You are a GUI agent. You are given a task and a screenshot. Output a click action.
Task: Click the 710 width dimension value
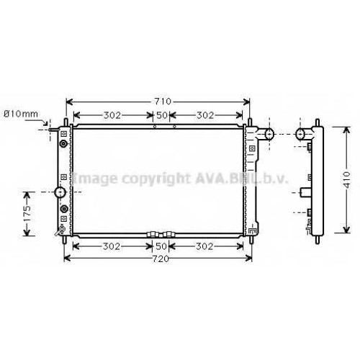[x=163, y=102]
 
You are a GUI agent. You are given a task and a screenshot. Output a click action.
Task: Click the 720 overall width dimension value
[x=161, y=258]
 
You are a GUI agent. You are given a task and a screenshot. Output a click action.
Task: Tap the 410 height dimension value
[x=346, y=180]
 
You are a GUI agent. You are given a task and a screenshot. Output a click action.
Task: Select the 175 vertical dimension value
[x=27, y=214]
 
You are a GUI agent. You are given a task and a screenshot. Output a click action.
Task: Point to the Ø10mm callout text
[x=21, y=114]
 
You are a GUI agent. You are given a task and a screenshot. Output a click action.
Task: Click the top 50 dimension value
[x=162, y=115]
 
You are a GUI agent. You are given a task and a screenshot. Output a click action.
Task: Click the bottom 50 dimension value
[x=161, y=246]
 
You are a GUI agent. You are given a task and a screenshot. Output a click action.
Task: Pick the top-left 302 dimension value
[x=112, y=115]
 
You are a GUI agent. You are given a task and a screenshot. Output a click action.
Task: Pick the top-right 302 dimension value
[x=205, y=115]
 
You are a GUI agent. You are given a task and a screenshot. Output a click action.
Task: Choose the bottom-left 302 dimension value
[x=112, y=246]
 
